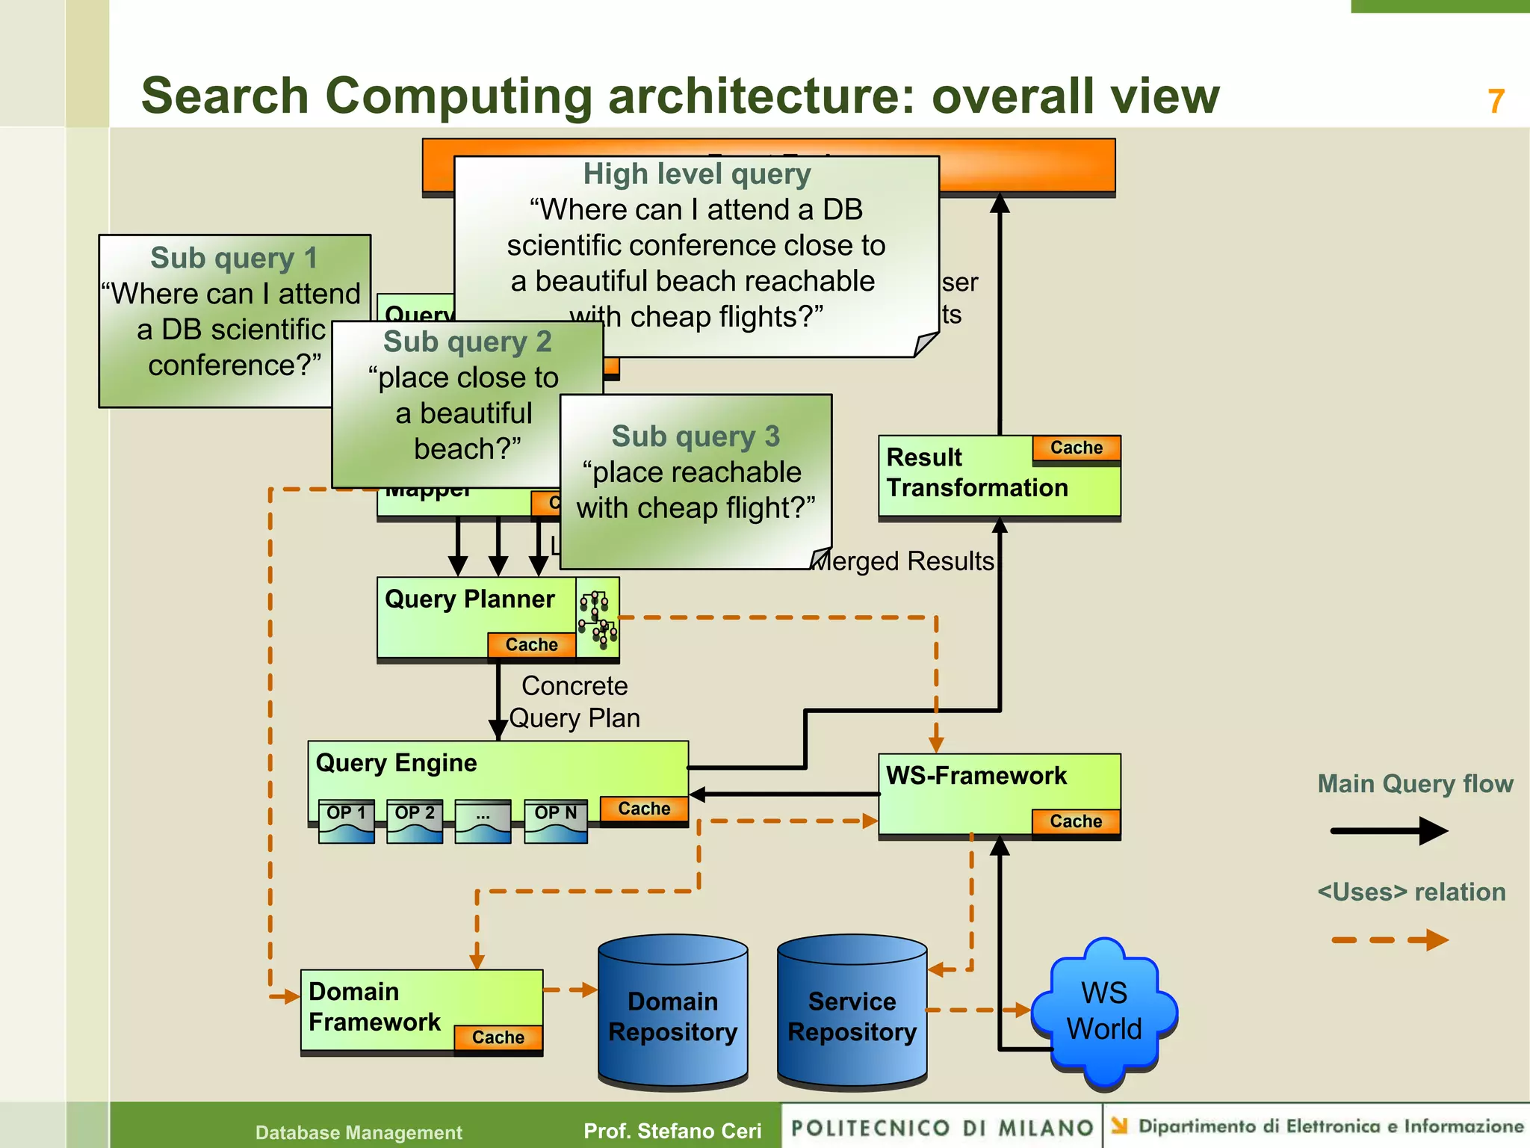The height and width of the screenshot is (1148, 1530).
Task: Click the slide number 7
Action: click(x=1496, y=102)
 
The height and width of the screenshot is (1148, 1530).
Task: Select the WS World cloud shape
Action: click(x=1103, y=1011)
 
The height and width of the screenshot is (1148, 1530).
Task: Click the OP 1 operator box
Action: click(x=346, y=821)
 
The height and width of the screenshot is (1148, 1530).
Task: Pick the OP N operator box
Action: click(x=555, y=821)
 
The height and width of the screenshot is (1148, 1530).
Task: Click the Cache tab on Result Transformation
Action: click(x=1076, y=448)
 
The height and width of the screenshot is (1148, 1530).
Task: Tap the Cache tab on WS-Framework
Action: click(x=1076, y=821)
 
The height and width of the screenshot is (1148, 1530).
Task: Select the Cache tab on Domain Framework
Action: click(x=498, y=1037)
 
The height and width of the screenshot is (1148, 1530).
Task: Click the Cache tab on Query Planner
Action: click(x=531, y=644)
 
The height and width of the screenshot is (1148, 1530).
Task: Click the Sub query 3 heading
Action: click(x=696, y=436)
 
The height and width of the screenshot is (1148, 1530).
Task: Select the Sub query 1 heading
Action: click(x=234, y=258)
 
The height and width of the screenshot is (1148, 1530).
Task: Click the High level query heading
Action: click(x=696, y=174)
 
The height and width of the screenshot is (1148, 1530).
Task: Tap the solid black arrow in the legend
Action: click(x=1389, y=830)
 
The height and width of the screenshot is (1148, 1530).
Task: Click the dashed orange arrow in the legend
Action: click(x=1389, y=939)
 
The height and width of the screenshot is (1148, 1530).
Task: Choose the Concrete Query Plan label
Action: click(x=574, y=702)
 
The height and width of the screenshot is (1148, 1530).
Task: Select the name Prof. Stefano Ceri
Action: click(x=672, y=1131)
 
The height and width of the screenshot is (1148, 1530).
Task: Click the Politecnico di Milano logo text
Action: click(x=941, y=1127)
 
